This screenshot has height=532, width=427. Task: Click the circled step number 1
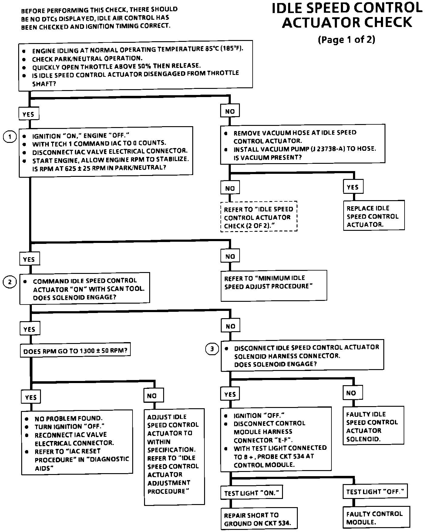(x=10, y=137)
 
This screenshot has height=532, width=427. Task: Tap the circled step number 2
(x=10, y=282)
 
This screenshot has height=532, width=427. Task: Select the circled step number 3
(x=212, y=349)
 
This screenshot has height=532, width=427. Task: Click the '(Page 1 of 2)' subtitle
(x=346, y=40)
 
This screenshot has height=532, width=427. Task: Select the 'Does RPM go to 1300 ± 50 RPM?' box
(x=75, y=351)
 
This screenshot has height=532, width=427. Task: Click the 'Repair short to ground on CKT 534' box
(x=259, y=519)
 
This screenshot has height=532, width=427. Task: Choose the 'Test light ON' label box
(x=251, y=493)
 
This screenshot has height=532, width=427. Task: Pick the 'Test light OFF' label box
(x=375, y=491)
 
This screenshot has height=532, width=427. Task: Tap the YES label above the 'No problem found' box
(x=31, y=397)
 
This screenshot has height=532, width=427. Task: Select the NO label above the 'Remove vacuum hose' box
(x=230, y=111)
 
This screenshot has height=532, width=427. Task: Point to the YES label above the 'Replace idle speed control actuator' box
(x=353, y=187)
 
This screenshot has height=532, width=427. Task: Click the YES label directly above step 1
(x=29, y=114)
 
